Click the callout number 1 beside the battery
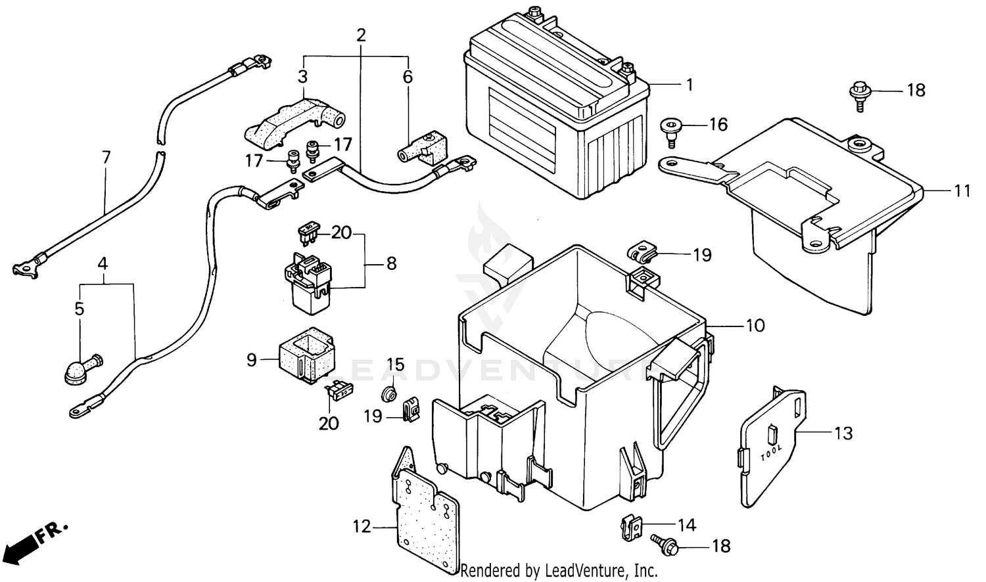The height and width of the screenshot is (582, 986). (689, 85)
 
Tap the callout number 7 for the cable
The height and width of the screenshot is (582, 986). (106, 158)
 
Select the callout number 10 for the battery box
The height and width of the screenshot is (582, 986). (756, 325)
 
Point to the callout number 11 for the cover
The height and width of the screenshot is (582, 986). (962, 191)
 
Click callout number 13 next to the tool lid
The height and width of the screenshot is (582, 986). (843, 433)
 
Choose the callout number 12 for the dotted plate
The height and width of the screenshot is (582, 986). (362, 527)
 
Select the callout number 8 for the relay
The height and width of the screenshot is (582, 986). (391, 263)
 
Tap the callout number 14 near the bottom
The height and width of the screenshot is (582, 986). (686, 525)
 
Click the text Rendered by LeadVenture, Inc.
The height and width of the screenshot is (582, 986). (559, 571)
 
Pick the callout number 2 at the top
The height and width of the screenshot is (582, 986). (360, 35)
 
